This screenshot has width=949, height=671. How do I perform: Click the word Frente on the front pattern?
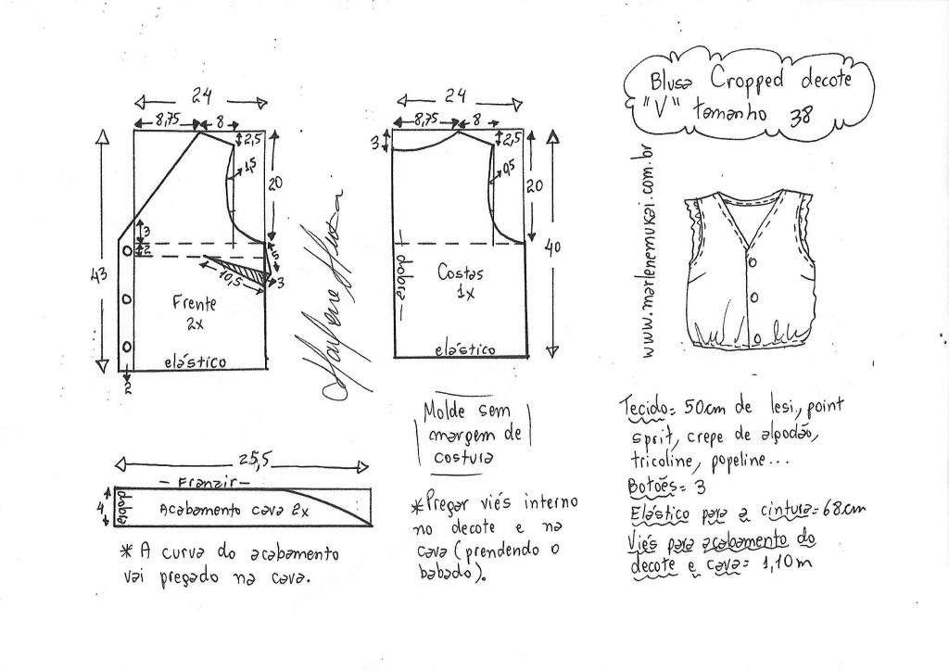[x=194, y=303]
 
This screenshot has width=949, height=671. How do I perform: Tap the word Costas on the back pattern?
[x=461, y=274]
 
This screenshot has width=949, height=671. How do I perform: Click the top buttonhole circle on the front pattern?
[x=126, y=252]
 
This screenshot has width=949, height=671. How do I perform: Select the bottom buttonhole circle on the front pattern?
[x=126, y=346]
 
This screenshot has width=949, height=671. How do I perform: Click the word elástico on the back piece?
[x=465, y=349]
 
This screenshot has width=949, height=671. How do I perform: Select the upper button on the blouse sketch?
[x=752, y=263]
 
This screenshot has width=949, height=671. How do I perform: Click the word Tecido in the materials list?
[x=643, y=409]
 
